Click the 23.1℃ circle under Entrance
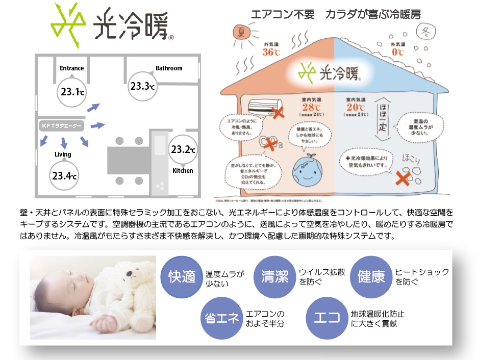[72, 92]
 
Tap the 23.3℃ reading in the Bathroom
[142, 86]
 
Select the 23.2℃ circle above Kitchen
[183, 149]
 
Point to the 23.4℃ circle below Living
[64, 176]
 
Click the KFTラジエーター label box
[61, 125]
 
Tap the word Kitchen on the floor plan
[183, 171]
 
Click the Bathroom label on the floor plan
[169, 68]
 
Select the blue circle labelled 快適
[182, 276]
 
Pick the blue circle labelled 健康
[371, 276]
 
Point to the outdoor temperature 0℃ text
[397, 52]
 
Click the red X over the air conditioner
[278, 113]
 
